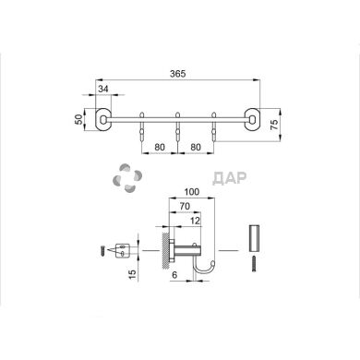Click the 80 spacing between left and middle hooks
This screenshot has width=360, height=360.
(159, 146)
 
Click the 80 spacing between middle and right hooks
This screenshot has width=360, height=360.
(196, 146)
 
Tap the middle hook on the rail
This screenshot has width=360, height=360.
(177, 127)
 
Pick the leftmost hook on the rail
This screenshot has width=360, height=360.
(141, 127)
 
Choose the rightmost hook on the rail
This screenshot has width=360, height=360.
(214, 127)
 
